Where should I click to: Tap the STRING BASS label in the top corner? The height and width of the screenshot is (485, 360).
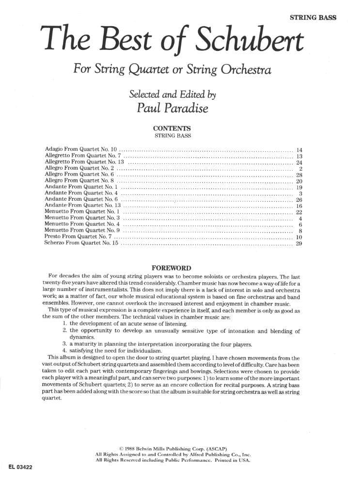point(313,18)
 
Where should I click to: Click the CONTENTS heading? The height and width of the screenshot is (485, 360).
point(172,129)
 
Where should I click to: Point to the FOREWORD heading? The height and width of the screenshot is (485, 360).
point(172,268)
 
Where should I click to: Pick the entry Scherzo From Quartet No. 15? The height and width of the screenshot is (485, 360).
point(81,243)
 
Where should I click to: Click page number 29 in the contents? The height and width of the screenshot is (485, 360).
point(298,243)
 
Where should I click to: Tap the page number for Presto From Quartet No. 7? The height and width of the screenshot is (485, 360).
point(298,237)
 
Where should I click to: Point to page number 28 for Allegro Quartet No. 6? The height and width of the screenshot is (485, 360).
point(298,175)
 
